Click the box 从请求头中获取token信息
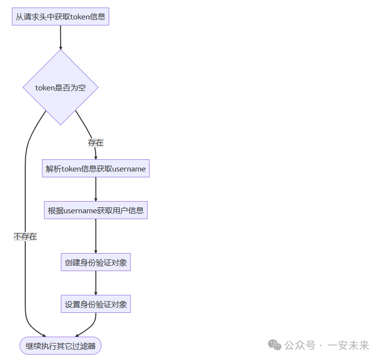[x=61, y=17]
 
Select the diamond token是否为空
[x=61, y=87]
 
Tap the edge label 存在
[x=96, y=143]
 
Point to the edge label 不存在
[x=25, y=237]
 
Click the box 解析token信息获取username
[x=96, y=169]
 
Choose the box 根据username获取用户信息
[x=96, y=210]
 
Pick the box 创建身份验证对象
[x=96, y=262]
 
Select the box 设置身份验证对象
[x=96, y=305]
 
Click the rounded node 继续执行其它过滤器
[x=61, y=346]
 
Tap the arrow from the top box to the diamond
[x=61, y=37]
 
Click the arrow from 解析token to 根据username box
[x=96, y=189]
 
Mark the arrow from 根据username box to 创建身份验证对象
[x=96, y=236]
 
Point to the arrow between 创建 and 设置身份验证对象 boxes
[x=96, y=283]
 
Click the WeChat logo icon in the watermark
[x=275, y=345]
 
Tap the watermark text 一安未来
[x=348, y=345]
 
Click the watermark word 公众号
[x=299, y=345]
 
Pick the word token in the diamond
[x=46, y=87]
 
